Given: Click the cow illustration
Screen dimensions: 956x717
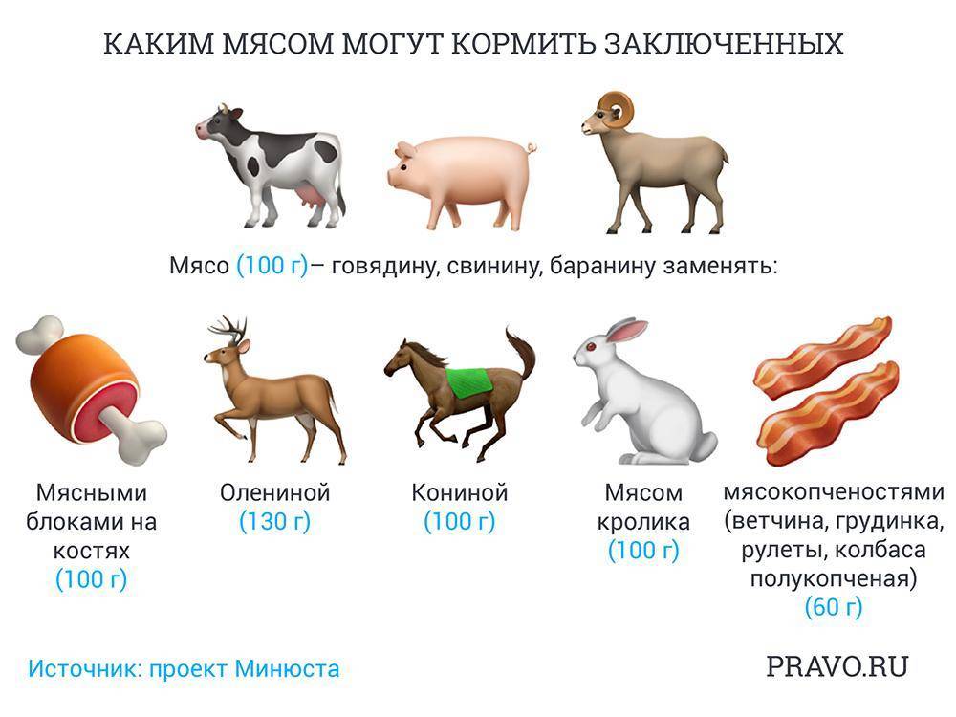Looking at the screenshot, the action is point(272,165).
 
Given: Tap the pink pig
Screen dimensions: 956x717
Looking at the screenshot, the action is point(461,181).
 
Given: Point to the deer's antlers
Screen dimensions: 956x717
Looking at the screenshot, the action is point(229,329).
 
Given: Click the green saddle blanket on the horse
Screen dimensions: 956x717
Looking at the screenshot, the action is point(469,382).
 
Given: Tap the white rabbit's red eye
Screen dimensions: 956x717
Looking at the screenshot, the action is point(590,347).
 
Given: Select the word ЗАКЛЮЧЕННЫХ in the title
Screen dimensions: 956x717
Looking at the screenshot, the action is point(724,45).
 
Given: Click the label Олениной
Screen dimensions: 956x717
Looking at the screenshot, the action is point(275,492).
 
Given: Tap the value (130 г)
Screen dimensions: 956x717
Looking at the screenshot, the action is point(275,522).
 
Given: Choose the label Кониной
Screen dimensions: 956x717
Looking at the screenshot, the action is point(460,492).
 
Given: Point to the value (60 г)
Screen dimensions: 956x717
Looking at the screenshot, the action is point(834,607).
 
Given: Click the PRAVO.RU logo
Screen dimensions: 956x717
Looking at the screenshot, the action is point(837,666).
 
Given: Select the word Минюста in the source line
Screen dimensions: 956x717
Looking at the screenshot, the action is point(287,669).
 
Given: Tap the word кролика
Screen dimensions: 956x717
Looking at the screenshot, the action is point(643,523).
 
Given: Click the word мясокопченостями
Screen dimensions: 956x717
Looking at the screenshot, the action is point(834,492).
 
